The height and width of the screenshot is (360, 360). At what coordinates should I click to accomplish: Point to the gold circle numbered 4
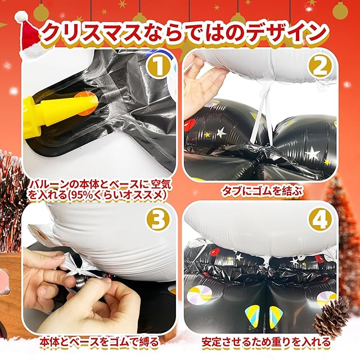[x=321, y=219]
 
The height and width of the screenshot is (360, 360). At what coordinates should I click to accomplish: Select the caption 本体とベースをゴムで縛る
[x=99, y=342]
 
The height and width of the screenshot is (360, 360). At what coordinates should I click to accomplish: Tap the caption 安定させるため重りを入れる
[x=266, y=342]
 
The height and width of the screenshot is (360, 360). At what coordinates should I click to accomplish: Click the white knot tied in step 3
[x=76, y=271]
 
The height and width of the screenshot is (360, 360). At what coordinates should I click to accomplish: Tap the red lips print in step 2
[x=190, y=124]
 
